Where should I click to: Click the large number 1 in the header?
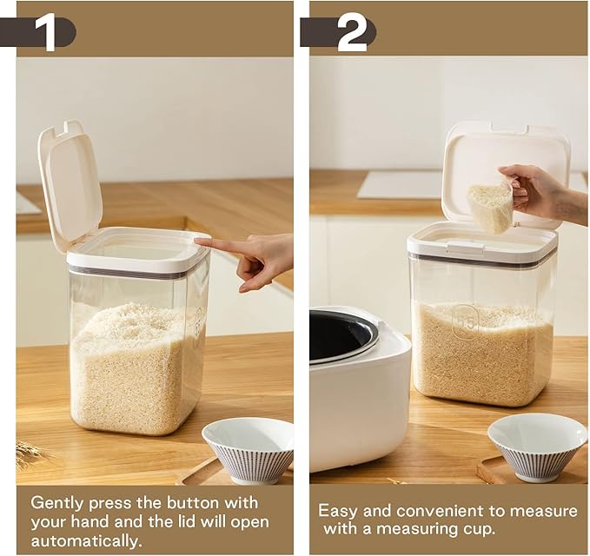tap(46, 32)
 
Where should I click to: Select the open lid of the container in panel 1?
tap(70, 183)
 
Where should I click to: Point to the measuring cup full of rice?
tap(491, 208)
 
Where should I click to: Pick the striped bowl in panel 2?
tap(536, 446)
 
